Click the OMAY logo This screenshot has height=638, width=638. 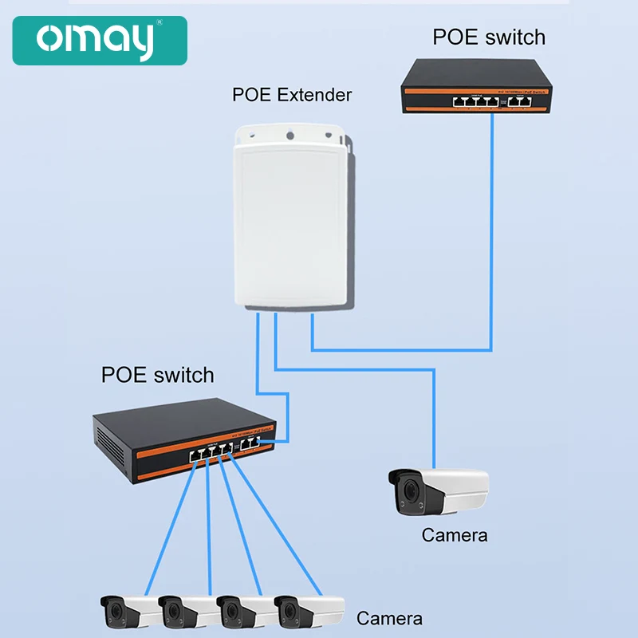(100, 41)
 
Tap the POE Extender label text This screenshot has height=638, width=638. (292, 95)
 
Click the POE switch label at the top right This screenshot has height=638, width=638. (489, 37)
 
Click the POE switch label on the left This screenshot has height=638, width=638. (158, 375)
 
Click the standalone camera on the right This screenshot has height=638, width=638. (438, 490)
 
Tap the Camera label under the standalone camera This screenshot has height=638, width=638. (455, 535)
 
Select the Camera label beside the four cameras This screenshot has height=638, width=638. (389, 618)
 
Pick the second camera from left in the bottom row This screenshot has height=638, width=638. (187, 612)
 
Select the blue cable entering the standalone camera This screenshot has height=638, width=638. (434, 423)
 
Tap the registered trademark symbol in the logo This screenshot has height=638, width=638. (159, 23)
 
